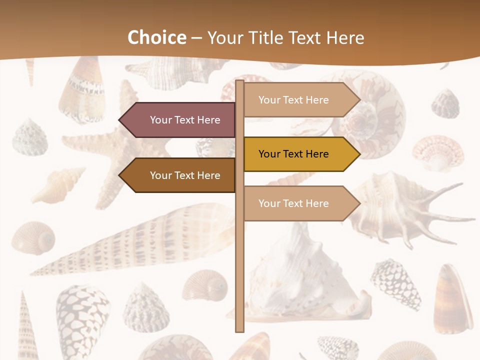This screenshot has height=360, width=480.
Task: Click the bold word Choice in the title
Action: coord(156,38)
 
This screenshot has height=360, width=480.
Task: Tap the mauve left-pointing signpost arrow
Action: coord(180,120)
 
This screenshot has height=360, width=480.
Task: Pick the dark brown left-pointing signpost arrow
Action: coord(180,175)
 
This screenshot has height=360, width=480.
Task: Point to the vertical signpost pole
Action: coord(239,250)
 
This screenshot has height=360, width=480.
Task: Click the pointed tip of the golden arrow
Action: coord(358,154)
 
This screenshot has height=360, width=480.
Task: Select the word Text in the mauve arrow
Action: coord(185,120)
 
